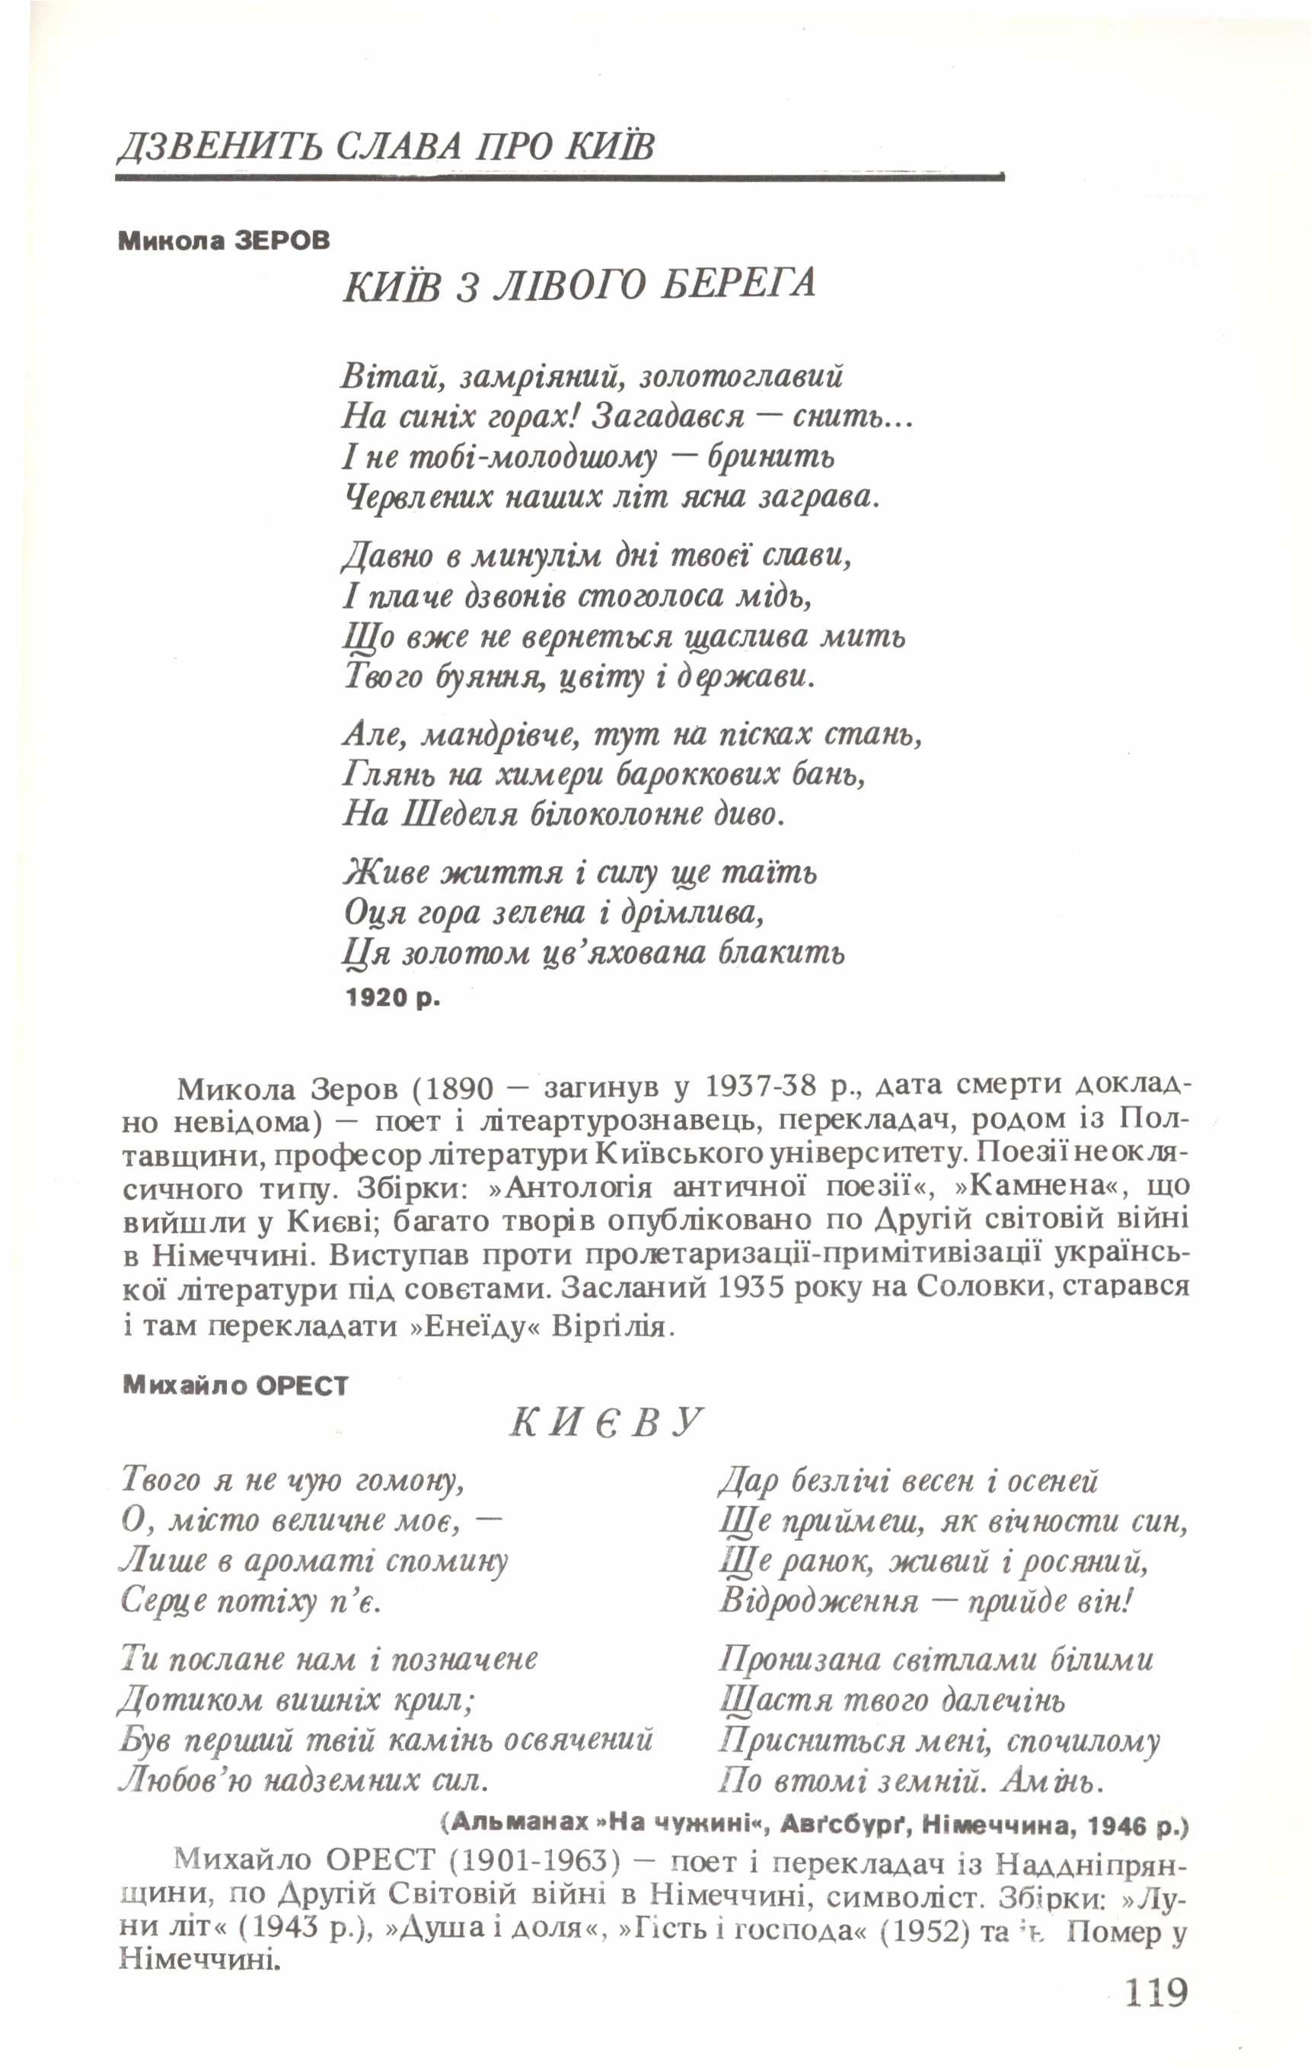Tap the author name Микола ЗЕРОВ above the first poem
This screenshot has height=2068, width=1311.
[224, 241]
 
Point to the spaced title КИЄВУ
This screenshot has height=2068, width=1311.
[606, 1423]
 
